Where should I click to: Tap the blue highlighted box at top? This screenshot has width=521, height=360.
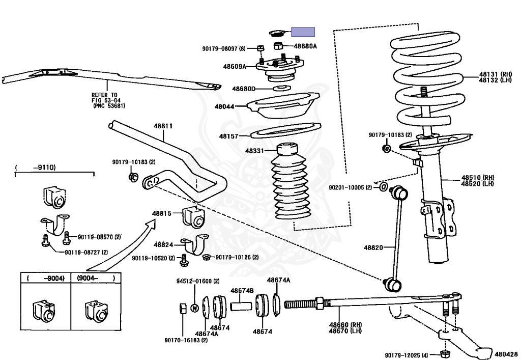point(302,32)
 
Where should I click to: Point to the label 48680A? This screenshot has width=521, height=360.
point(304,46)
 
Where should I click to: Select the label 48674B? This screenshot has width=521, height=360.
point(242,291)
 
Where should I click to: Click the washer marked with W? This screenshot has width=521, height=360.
point(194,308)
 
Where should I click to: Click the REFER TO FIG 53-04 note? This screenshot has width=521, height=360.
point(107,100)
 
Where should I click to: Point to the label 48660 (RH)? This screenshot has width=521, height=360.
point(345,325)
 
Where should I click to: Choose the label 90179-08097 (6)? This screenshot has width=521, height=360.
point(223,48)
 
